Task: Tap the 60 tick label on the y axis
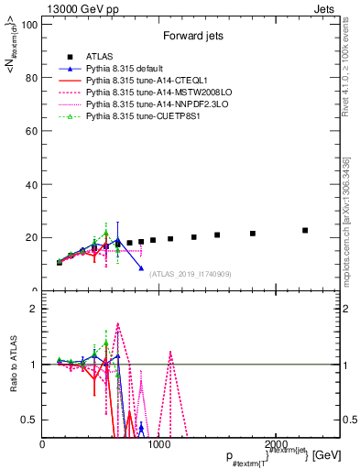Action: coord(31,131)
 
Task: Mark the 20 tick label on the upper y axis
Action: coord(31,237)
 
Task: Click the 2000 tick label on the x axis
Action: coord(276,444)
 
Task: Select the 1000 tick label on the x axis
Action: coord(158,444)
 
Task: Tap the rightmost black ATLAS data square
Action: coord(305,230)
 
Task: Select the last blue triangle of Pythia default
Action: coord(141,268)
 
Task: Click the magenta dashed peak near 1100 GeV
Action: coord(170,352)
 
